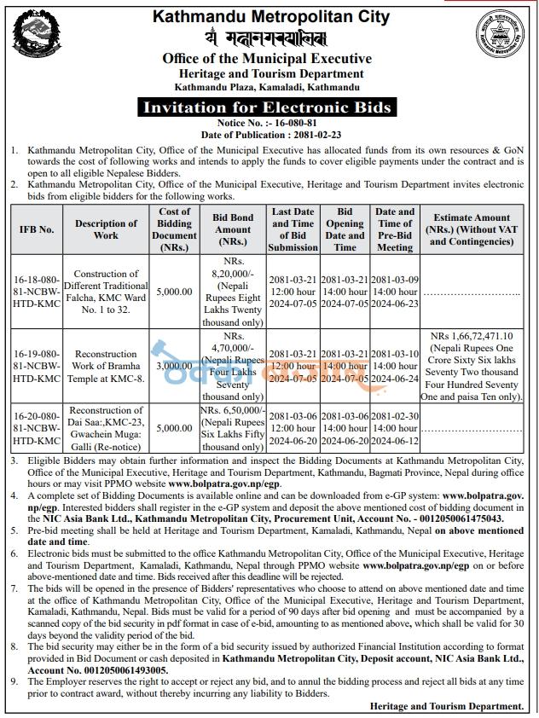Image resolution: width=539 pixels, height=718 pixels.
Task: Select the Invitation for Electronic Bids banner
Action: pos(268,107)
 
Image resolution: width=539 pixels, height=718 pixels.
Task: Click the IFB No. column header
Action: pos(37,229)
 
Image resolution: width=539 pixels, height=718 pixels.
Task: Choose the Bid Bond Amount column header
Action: pos(232,229)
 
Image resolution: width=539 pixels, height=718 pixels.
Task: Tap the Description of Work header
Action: pos(106,229)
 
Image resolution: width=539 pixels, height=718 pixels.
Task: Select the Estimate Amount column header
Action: pos(471,229)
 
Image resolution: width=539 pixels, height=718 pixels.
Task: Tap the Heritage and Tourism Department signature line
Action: pos(447,707)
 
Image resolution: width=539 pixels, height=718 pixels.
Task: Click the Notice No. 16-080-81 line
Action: pos(268,124)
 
